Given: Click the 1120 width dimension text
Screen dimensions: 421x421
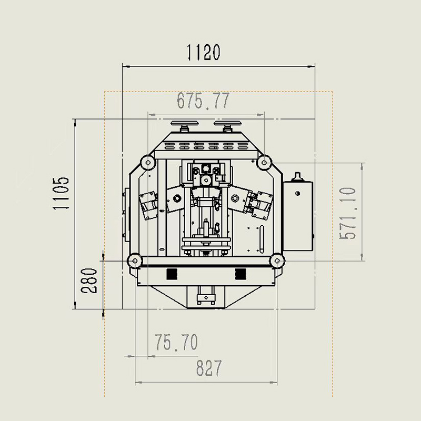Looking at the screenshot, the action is coord(203,52).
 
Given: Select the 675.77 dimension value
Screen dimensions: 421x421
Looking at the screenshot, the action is coord(203,101).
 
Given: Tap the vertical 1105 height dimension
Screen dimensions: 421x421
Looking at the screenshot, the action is coord(61,193).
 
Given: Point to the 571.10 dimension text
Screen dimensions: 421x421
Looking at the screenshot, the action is coord(348,214).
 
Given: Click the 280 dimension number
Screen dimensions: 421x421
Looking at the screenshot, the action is coord(89,280).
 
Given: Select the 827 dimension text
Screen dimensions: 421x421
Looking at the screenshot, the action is coord(209,368).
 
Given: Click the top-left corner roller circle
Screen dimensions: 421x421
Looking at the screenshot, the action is coord(148,162).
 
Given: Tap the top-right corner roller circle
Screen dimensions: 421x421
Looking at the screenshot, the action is coord(264,162).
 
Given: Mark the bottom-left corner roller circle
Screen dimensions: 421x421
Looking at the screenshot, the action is coord(135,260).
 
